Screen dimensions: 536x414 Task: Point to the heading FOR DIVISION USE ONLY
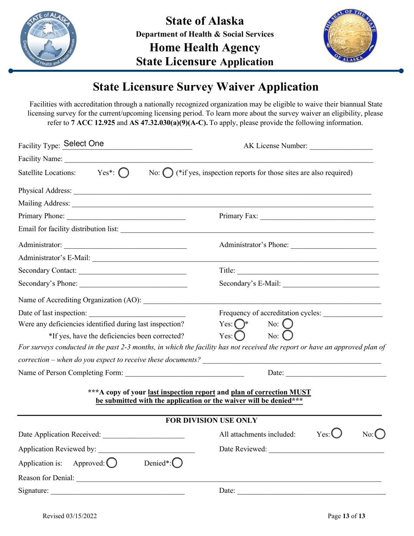(212, 421)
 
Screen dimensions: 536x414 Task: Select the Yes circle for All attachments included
(336, 433)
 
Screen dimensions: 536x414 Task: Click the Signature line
(118, 491)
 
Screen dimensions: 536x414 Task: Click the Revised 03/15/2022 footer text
(70, 516)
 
